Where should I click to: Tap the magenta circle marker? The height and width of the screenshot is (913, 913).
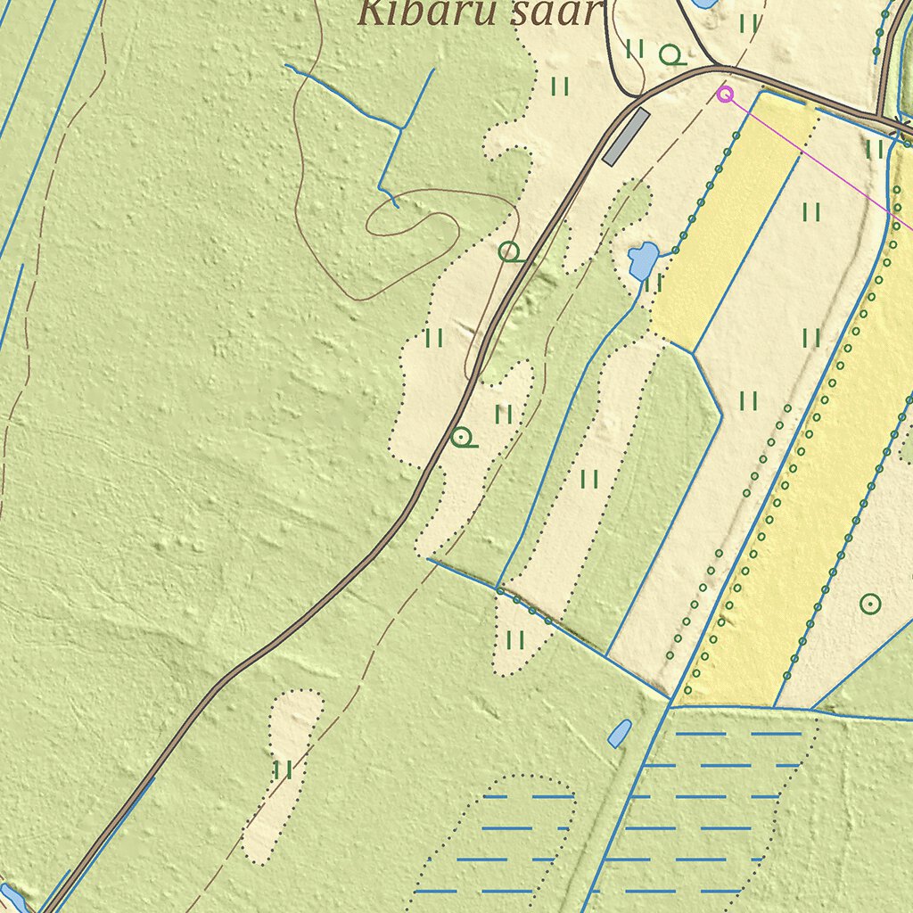pyautogui.click(x=726, y=93)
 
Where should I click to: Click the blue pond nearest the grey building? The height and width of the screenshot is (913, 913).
pyautogui.click(x=642, y=259)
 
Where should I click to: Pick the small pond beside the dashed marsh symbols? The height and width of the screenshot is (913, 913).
pyautogui.click(x=619, y=733)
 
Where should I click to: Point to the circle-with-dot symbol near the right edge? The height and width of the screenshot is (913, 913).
pyautogui.click(x=870, y=604)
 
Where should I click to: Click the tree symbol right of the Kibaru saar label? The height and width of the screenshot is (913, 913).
pyautogui.click(x=671, y=56)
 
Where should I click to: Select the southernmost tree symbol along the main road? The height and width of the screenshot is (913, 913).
pyautogui.click(x=462, y=438)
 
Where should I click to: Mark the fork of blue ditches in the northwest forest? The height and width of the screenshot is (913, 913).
pyautogui.click(x=401, y=128)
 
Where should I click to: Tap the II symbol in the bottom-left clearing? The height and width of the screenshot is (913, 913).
pyautogui.click(x=284, y=769)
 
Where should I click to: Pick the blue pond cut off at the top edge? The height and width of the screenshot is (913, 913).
pyautogui.click(x=704, y=4)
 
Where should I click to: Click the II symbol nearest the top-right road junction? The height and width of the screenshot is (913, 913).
pyautogui.click(x=875, y=149)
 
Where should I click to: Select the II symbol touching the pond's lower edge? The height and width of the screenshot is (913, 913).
pyautogui.click(x=654, y=284)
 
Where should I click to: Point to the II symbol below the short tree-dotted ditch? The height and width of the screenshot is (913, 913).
pyautogui.click(x=515, y=639)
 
